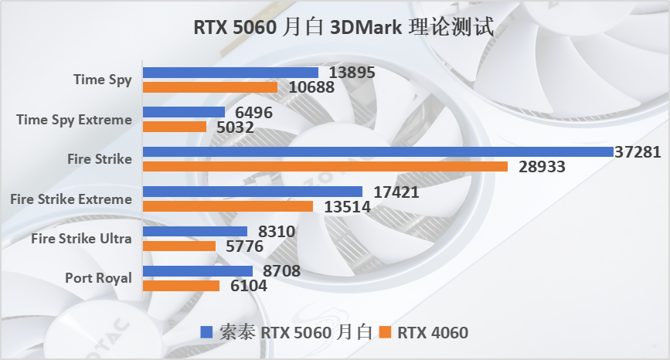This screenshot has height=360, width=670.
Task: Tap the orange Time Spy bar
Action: [210, 87]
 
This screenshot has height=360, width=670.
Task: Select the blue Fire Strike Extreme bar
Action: [253, 191]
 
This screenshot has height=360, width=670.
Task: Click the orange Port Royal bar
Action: [182, 286]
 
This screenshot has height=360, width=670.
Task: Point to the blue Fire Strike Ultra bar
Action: [196, 231]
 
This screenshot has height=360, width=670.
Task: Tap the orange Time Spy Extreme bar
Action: [175, 126]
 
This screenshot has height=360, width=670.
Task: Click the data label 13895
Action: [352, 73]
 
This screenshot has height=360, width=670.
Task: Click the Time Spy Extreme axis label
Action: [73, 119]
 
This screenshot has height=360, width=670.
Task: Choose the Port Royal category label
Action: [98, 278]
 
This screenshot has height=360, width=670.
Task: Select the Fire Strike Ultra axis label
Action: [81, 239]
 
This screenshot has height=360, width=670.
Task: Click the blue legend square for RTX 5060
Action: [206, 333]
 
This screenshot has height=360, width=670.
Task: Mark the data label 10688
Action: [311, 87]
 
